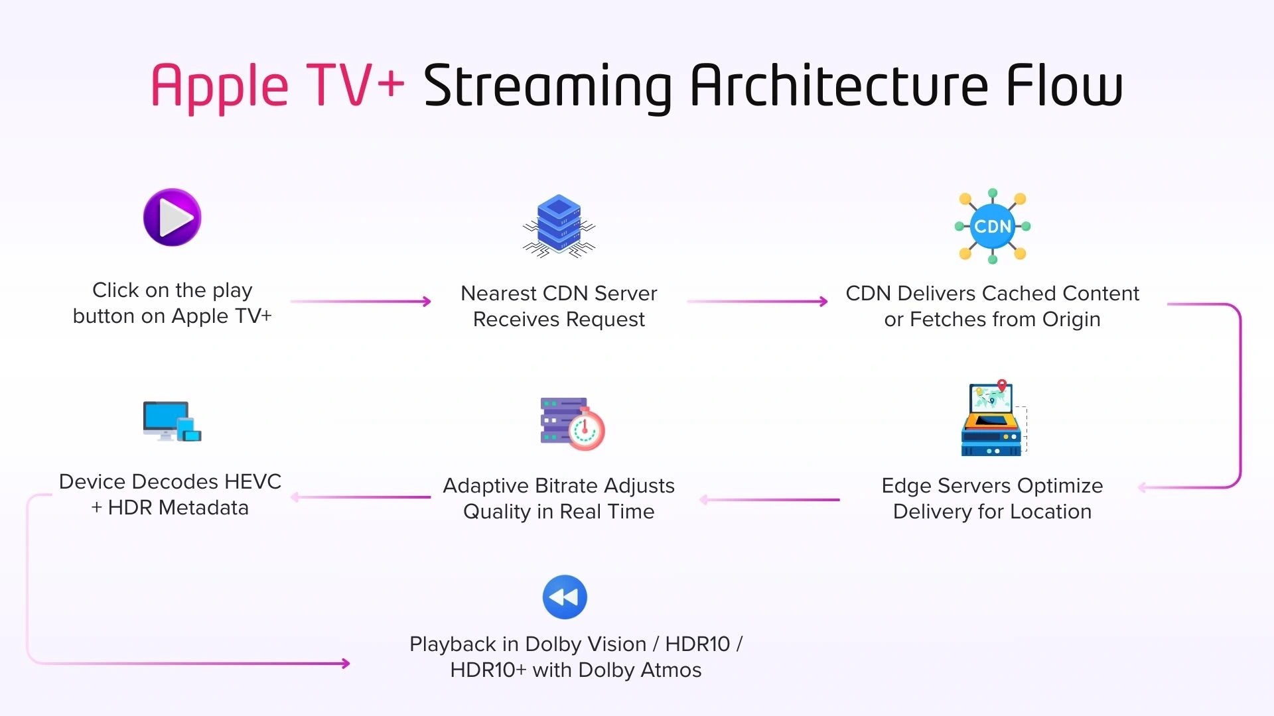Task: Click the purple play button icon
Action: [x=172, y=217]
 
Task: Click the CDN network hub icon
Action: [x=992, y=226]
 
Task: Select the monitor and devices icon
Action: [x=171, y=421]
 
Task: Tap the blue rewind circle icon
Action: [x=565, y=597]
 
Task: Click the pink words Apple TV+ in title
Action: [x=277, y=86]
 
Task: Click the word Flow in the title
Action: [x=1064, y=86]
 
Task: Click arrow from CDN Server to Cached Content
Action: [x=756, y=302]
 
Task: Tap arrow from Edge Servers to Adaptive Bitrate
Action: [x=770, y=499]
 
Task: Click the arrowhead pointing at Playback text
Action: [x=345, y=663]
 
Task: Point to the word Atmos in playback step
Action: [x=671, y=670]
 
